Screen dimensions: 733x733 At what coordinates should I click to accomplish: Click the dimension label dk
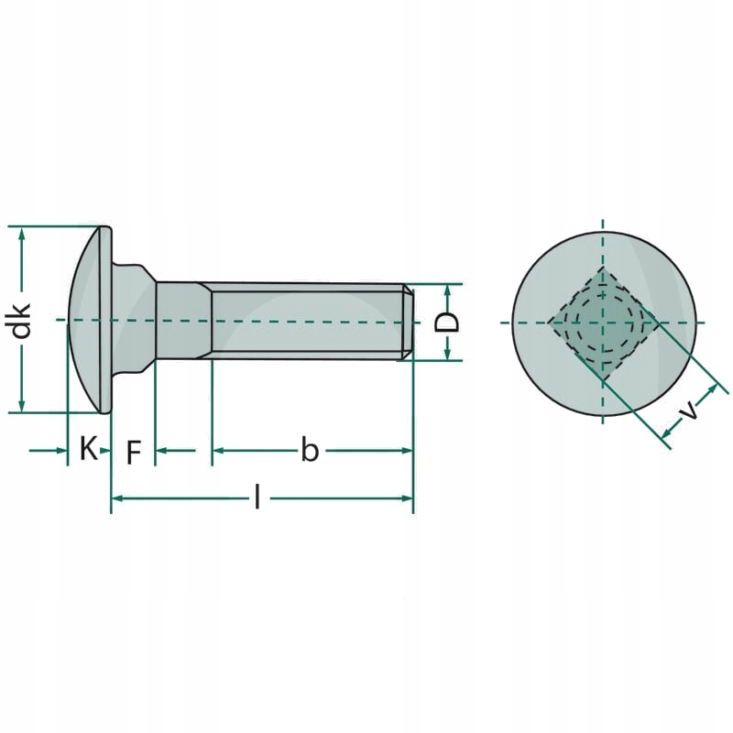pos(20,320)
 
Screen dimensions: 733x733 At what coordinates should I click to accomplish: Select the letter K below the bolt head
pos(88,449)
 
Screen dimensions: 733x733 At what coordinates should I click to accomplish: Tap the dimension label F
pos(134,452)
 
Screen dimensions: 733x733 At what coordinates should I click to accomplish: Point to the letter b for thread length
pos(310,450)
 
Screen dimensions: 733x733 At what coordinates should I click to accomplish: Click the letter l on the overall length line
pos(257,498)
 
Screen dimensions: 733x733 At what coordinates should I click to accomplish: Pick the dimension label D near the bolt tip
pos(446,322)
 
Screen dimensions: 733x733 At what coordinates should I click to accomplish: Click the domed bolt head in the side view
pos(92,320)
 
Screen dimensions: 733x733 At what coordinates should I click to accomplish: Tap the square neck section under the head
pos(183,320)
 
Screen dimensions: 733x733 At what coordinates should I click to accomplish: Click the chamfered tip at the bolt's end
pos(408,321)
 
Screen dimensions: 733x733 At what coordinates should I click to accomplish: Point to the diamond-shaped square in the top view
pos(602,323)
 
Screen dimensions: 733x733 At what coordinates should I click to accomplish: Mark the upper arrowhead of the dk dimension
pos(21,233)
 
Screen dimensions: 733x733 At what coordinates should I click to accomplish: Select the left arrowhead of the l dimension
pos(117,498)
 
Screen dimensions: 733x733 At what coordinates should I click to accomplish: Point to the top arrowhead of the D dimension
pos(447,290)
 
